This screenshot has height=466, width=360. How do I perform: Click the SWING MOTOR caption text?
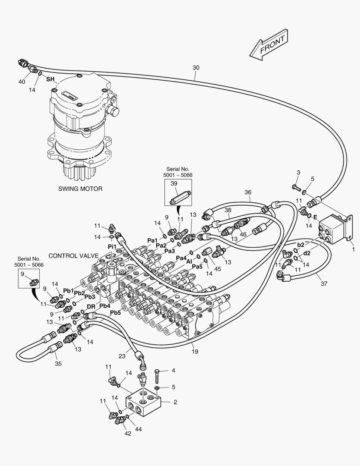tap(80, 189)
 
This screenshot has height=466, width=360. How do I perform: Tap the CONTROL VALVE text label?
tap(73, 255)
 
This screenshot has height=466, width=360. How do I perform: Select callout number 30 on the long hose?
tap(196, 68)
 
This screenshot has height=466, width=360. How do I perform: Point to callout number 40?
tap(22, 82)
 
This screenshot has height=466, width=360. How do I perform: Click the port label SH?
tap(50, 79)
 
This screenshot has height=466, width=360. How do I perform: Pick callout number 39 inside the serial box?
tap(174, 184)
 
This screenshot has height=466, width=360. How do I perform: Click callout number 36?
tap(247, 192)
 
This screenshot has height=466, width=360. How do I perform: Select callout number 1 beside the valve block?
tap(354, 249)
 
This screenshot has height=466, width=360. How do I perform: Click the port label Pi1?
tap(112, 246)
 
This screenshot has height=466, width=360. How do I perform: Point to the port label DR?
tap(91, 306)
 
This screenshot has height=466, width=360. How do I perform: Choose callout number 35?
tap(58, 363)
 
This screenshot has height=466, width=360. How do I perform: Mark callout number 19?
tap(195, 352)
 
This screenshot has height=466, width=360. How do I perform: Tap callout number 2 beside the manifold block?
tap(175, 402)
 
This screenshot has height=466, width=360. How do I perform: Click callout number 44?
tap(139, 429)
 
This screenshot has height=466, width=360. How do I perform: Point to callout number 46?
tap(243, 234)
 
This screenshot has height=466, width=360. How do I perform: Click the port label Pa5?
tap(197, 267)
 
